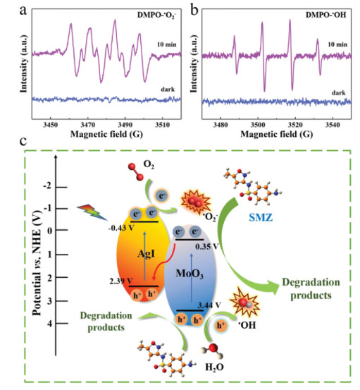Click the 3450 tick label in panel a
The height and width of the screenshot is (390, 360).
pyautogui.click(x=51, y=125)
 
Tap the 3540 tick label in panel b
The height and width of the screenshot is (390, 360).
pyautogui.click(x=333, y=125)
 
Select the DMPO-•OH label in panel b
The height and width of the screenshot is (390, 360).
pyautogui.click(x=325, y=15)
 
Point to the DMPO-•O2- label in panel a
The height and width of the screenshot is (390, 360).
pyautogui.click(x=156, y=16)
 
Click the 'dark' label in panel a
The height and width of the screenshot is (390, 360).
pyautogui.click(x=168, y=90)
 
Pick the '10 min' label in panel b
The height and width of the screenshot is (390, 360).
pyautogui.click(x=337, y=44)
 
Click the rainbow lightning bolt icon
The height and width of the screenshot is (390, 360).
pyautogui.click(x=92, y=212)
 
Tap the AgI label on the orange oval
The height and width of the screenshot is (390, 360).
pyautogui.click(x=147, y=254)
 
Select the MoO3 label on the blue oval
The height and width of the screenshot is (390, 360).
pyautogui.click(x=190, y=274)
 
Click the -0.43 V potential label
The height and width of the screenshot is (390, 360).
pyautogui.click(x=121, y=228)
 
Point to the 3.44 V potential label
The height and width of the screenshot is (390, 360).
pyautogui.click(x=209, y=305)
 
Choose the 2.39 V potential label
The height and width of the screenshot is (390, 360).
pyautogui.click(x=121, y=281)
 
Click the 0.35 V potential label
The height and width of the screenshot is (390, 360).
pyautogui.click(x=207, y=247)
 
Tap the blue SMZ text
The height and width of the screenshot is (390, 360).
pyautogui.click(x=261, y=218)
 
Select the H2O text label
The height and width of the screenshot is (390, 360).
pyautogui.click(x=214, y=367)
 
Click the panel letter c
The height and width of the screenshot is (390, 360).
pyautogui.click(x=23, y=141)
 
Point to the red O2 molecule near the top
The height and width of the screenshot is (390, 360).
pyautogui.click(x=136, y=171)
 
